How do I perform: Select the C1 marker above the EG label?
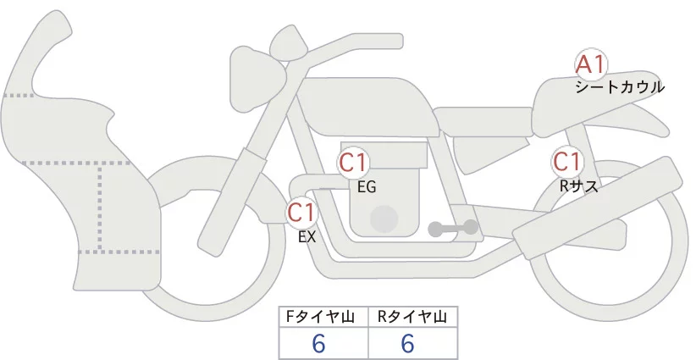click(x=353, y=163)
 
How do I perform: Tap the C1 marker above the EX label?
click(x=302, y=211)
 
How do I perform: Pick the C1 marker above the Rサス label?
click(x=566, y=161)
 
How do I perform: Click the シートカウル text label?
click(x=619, y=87)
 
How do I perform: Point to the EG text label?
click(x=367, y=187)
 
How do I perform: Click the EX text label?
click(x=307, y=237)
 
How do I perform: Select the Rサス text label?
click(x=579, y=186)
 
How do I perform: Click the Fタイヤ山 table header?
click(x=323, y=317)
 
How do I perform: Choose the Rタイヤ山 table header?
click(x=412, y=317)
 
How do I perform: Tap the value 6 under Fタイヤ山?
click(x=319, y=344)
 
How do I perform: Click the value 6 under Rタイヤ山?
click(x=408, y=344)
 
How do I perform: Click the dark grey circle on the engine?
click(x=385, y=218)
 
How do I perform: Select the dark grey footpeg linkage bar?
click(x=454, y=228)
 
